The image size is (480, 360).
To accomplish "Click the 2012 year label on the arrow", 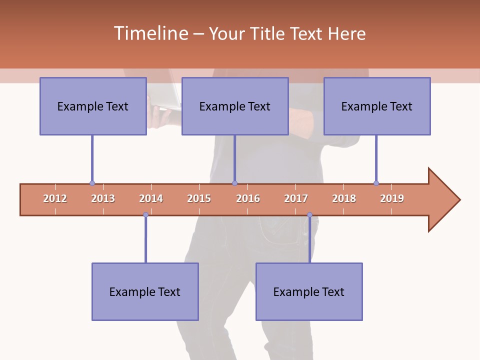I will click(55, 198).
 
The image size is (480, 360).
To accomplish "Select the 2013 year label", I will click(103, 198).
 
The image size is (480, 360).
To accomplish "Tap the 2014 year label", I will click(151, 198).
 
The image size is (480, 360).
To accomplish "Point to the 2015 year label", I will click(199, 198).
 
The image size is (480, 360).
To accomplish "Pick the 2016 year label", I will click(248, 198).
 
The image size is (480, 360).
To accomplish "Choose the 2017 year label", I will click(296, 198).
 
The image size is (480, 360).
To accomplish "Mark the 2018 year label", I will click(344, 198).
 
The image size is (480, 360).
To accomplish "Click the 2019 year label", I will click(392, 198).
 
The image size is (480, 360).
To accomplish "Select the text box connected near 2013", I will click(93, 106).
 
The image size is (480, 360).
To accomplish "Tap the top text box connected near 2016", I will click(235, 106).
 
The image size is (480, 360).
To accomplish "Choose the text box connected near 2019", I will click(377, 106).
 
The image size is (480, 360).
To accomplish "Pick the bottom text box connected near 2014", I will click(145, 291).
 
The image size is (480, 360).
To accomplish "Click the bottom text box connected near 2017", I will click(309, 291).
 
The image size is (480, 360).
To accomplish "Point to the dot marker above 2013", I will click(92, 183).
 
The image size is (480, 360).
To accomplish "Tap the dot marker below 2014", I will click(145, 215).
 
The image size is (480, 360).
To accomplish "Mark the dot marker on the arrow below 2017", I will click(309, 215).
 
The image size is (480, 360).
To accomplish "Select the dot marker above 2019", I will click(376, 183).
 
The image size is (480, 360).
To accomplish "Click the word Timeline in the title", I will click(150, 33).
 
